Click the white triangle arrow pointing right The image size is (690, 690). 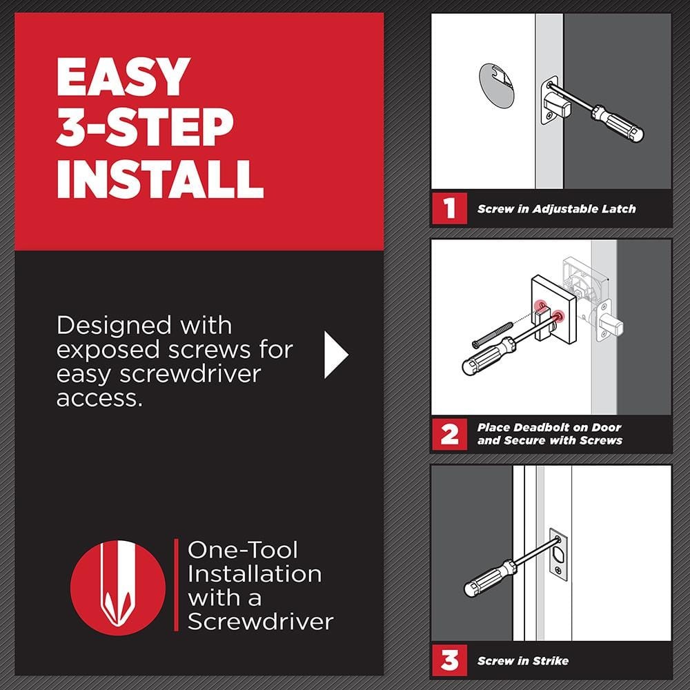click(335, 354)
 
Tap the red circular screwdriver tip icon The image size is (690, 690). click(118, 586)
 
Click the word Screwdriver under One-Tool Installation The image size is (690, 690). click(260, 621)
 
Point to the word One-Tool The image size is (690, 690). click(243, 550)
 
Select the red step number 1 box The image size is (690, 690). click(449, 208)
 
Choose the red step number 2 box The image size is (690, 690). click(449, 435)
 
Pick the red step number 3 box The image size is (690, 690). click(449, 661)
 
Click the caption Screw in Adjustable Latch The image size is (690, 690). click(556, 208)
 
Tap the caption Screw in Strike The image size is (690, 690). click(522, 661)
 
